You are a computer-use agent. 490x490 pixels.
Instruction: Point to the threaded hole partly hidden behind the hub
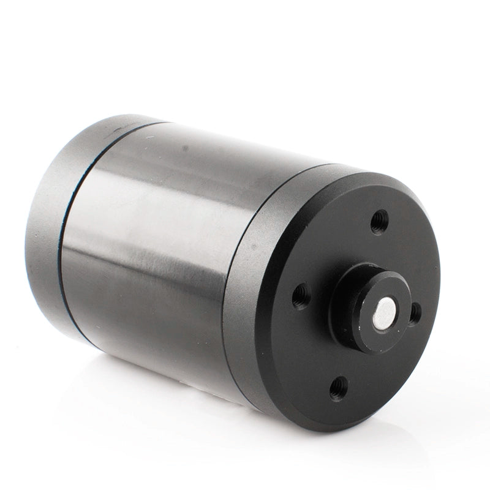click(x=415, y=313)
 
